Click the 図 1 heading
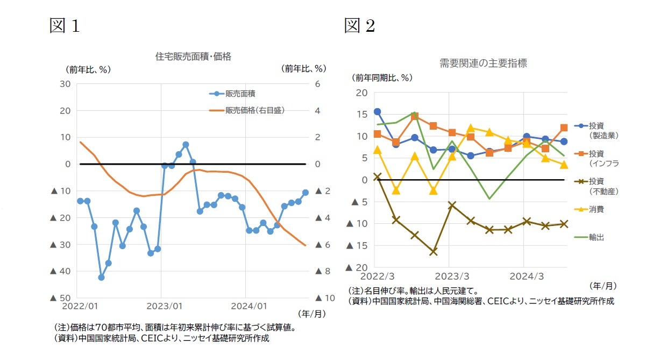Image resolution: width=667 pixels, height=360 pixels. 64,25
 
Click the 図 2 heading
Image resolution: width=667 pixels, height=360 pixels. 359,25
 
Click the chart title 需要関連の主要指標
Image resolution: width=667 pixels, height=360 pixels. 482,63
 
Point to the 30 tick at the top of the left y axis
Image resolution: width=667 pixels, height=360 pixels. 66,84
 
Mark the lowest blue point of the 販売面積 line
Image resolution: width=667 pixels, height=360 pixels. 101,278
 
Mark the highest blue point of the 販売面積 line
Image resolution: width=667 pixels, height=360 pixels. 186,144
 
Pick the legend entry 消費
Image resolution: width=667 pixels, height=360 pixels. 596,209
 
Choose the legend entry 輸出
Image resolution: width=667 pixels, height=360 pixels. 596,237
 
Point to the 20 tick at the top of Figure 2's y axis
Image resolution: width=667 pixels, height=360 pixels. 362,93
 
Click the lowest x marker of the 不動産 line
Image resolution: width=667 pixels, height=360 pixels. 434,252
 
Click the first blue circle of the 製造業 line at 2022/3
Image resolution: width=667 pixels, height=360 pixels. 377,111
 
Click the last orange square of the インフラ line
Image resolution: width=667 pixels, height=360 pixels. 564,128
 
